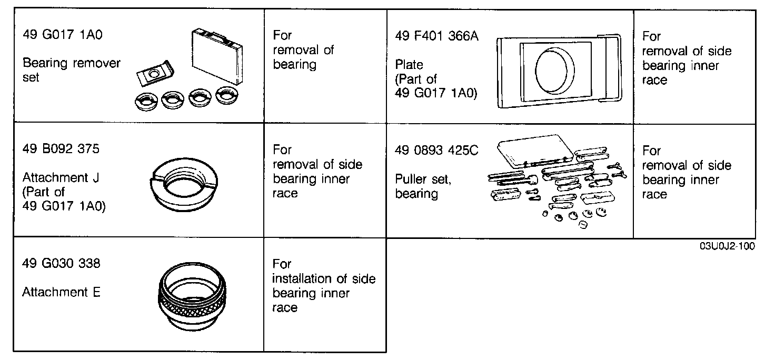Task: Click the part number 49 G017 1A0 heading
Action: tap(63, 35)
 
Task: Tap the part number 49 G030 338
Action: tap(61, 263)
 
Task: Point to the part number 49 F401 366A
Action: tap(436, 36)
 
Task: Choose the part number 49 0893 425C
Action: tap(436, 151)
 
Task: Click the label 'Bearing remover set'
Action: tap(71, 71)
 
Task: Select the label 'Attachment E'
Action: tap(61, 292)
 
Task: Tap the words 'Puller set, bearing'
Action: tap(423, 186)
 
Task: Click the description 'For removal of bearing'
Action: tap(303, 50)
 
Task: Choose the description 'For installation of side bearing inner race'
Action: tap(323, 285)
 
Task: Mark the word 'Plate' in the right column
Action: tap(409, 65)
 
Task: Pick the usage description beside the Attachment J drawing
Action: tap(317, 172)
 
